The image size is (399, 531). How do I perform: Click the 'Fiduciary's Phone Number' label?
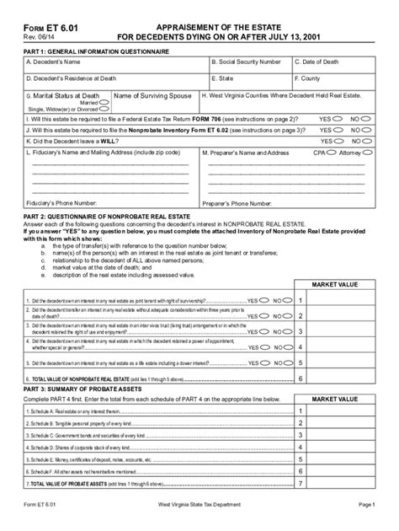tap(63, 204)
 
